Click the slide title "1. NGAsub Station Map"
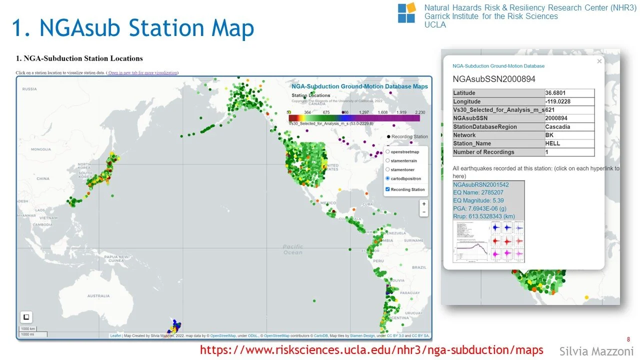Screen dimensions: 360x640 (133, 28)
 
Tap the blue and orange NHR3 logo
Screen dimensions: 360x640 (406, 12)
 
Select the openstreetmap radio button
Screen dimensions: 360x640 (388, 151)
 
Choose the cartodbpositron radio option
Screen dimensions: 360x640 (388, 178)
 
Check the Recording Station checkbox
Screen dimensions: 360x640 (388, 189)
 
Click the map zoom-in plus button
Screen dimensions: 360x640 (424, 204)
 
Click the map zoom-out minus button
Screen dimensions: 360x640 (424, 212)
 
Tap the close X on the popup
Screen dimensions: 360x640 (599, 61)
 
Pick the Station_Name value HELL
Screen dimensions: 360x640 (553, 143)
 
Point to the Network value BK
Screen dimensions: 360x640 (549, 135)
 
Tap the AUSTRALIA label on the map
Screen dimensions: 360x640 (98, 296)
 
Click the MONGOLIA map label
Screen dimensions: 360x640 (40, 149)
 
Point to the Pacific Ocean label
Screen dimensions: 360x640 (292, 249)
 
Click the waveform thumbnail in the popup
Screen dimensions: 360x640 (488, 242)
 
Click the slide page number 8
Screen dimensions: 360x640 (628, 338)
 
